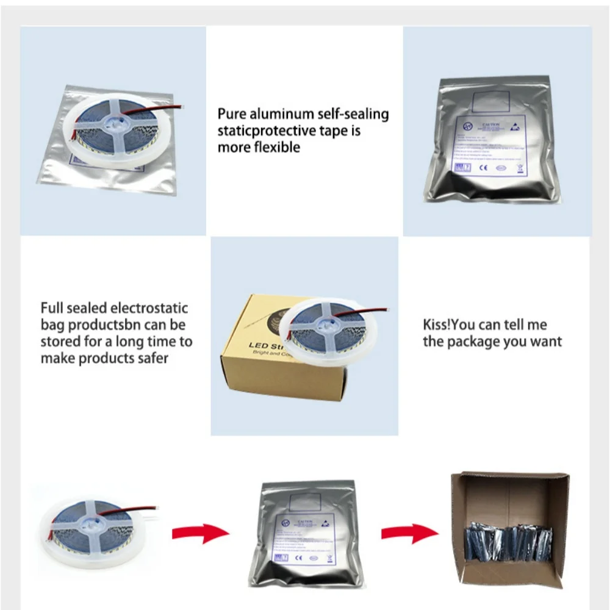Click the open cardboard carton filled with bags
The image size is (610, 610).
click(x=509, y=528)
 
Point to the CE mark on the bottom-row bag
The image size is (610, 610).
click(x=298, y=557)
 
